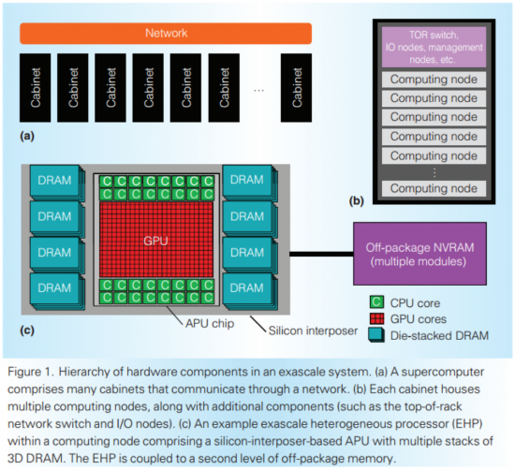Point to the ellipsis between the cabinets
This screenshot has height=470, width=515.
[x=259, y=90]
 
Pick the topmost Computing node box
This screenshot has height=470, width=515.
[x=434, y=80]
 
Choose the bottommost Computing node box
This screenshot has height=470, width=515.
[x=434, y=188]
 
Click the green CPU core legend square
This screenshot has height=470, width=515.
[x=377, y=302]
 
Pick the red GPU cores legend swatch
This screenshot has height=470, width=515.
[x=377, y=319]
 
